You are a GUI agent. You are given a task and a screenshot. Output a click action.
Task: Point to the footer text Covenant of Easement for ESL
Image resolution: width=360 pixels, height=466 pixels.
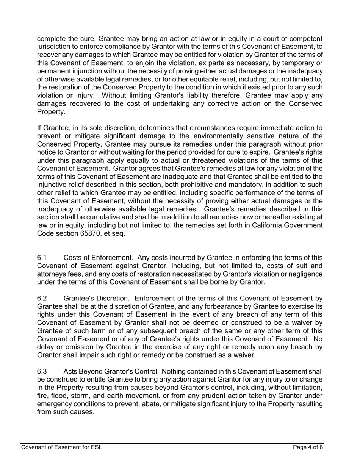point(61,447)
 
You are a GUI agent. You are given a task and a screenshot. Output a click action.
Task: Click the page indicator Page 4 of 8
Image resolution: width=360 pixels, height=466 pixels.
point(308,447)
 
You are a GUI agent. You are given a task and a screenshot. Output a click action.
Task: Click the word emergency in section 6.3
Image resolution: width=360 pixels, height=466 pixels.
point(54,404)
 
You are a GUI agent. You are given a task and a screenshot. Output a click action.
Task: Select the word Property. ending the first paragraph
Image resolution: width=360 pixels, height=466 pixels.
point(51,112)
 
